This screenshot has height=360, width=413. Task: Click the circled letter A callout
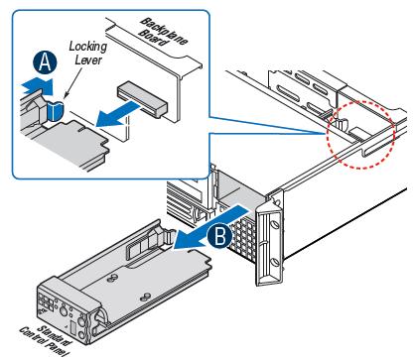tap(45, 63)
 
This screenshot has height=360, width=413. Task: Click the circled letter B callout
tap(220, 236)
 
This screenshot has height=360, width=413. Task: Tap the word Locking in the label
tap(87, 47)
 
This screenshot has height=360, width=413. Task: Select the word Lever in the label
tap(88, 60)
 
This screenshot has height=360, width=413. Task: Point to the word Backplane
tap(164, 31)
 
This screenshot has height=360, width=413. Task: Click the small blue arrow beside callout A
tap(37, 86)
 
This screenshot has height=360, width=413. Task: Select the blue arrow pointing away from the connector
tap(117, 114)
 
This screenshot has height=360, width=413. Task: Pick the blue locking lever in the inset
tap(55, 110)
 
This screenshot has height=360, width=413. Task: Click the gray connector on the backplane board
tap(142, 99)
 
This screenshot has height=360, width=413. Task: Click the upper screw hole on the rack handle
tap(274, 224)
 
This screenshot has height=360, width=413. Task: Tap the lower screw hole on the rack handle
tap(274, 263)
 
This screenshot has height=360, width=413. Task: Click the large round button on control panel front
tap(64, 310)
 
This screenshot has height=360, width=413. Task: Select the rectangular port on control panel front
tap(73, 329)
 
